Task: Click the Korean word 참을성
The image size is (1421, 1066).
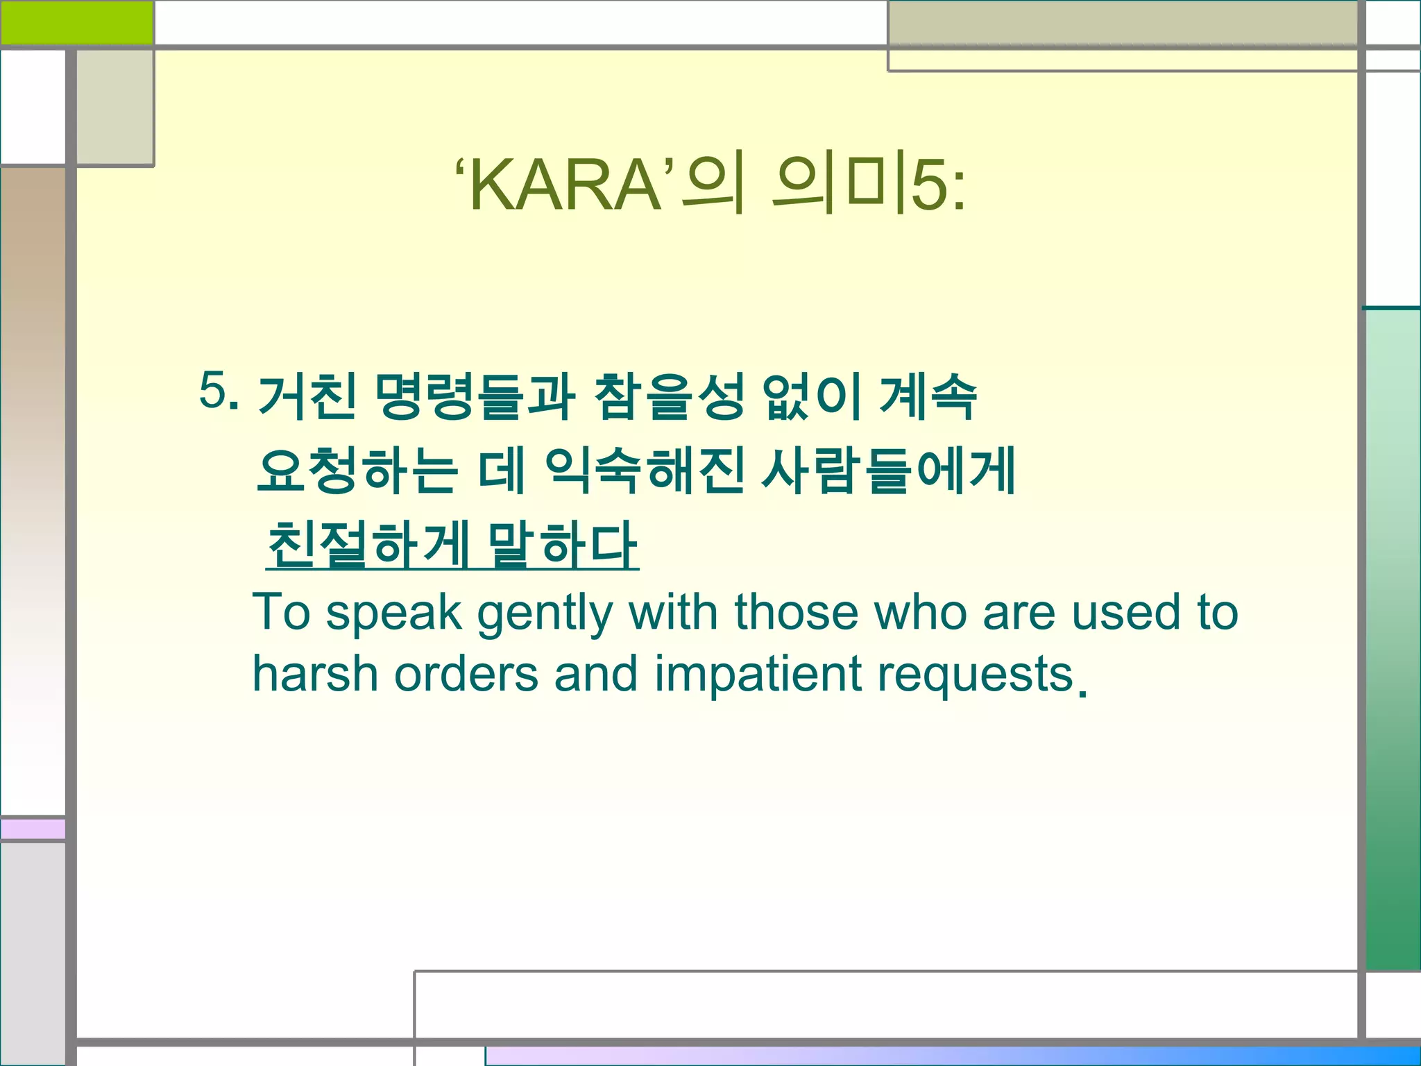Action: pos(670,396)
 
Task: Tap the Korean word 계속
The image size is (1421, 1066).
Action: pos(928,396)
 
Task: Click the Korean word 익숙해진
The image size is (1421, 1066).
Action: pos(645,471)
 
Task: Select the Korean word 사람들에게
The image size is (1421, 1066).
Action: pos(889,471)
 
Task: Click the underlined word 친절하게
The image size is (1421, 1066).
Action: pos(368,545)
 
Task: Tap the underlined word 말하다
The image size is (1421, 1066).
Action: pos(562,545)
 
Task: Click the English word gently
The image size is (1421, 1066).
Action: pos(545,614)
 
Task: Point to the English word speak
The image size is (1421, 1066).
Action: pos(394,614)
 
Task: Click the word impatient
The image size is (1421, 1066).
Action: pos(758,674)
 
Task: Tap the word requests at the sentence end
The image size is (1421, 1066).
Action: pos(976,675)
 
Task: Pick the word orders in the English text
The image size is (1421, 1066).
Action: pos(466,674)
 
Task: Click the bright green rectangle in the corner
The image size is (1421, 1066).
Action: pos(76,22)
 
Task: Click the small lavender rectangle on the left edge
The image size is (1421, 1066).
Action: pos(33,829)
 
